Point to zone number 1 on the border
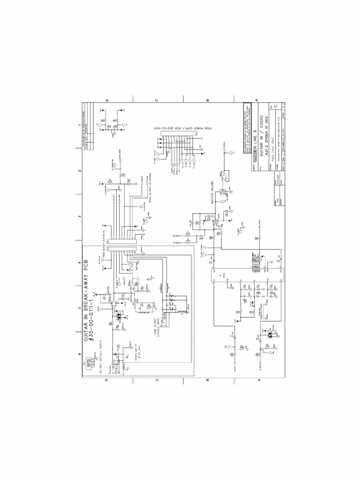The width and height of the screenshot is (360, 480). pyautogui.click(x=79, y=126)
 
